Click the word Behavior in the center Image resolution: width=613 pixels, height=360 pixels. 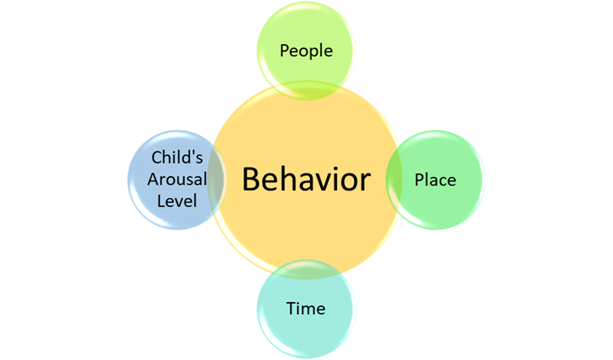[x=306, y=180]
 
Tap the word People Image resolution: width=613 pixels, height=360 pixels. [x=306, y=50]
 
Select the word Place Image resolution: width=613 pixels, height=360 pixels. [x=435, y=180]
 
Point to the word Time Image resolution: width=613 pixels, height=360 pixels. [x=306, y=307]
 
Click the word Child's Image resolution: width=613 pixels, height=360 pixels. [x=176, y=157]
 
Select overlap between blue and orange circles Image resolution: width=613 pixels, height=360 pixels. [x=219, y=180]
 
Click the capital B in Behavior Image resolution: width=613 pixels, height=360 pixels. [x=252, y=180]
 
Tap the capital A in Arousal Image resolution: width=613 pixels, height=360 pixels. [x=154, y=180]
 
